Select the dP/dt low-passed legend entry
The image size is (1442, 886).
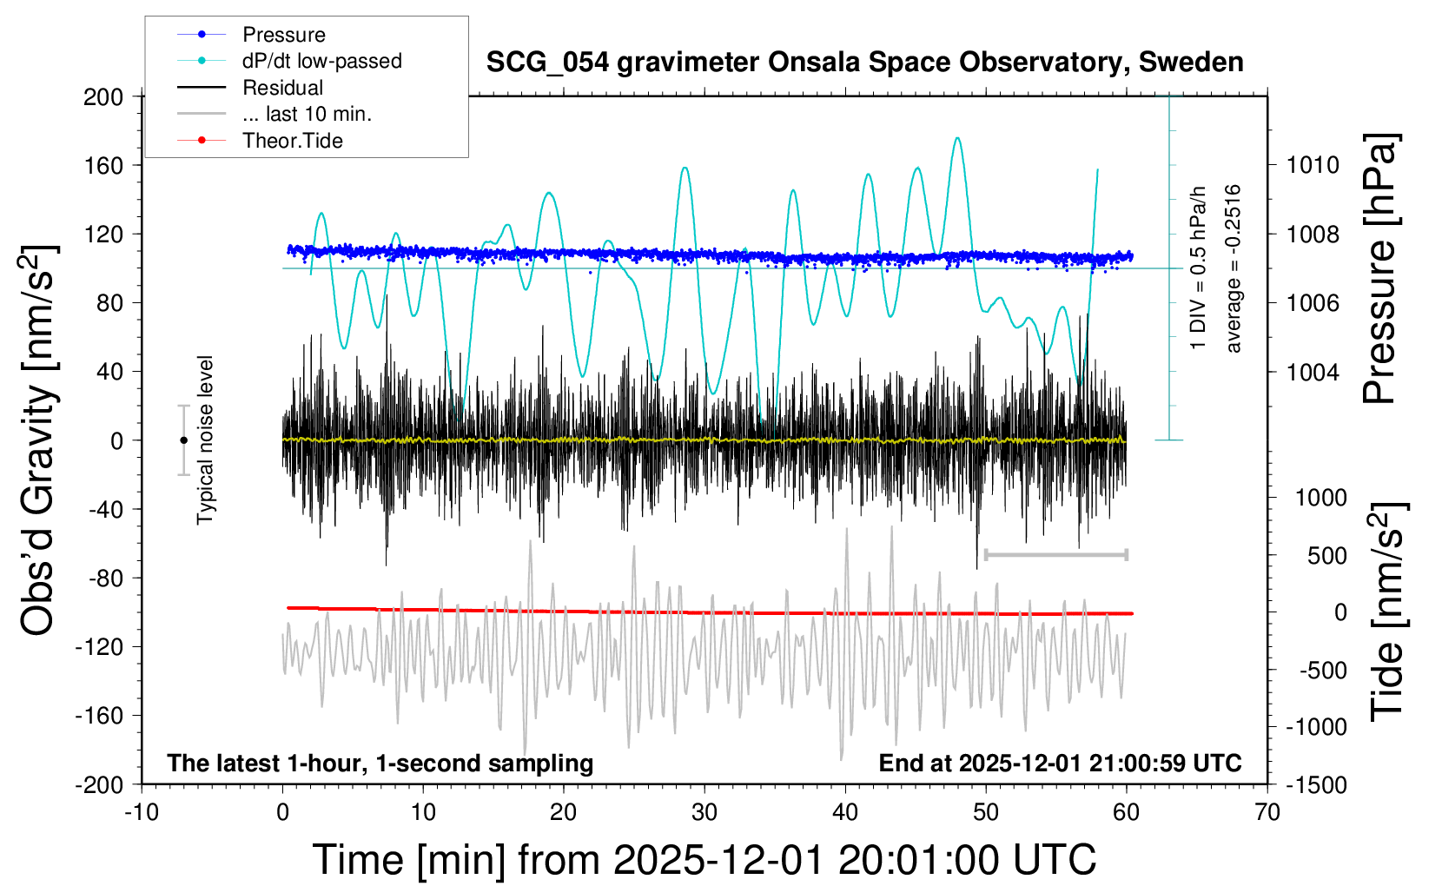[x=321, y=61]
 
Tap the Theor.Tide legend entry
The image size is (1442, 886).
[x=292, y=141]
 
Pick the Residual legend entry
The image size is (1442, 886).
[x=282, y=88]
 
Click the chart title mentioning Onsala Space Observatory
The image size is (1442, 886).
[x=864, y=63]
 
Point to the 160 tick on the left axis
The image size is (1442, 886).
[x=103, y=165]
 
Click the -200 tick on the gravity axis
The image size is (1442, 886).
[x=99, y=784]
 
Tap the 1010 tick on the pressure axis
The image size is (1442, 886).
[x=1313, y=165]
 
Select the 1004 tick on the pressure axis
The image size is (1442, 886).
[x=1313, y=372]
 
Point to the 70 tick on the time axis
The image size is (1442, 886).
[x=1267, y=813]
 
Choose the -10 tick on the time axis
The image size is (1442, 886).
[x=142, y=813]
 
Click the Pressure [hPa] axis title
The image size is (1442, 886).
[x=1379, y=269]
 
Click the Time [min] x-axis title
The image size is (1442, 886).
[x=704, y=860]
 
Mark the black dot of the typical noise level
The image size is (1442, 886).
[x=183, y=440]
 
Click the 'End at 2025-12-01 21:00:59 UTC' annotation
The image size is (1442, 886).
[x=1060, y=763]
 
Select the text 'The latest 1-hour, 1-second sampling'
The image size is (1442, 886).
[x=380, y=763]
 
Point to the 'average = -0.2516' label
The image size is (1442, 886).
[x=1234, y=269]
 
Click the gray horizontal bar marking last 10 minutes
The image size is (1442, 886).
[x=1055, y=554]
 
